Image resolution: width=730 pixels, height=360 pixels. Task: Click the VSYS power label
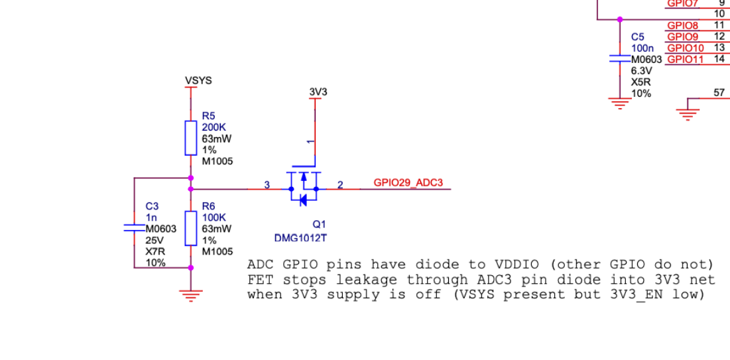tap(198, 81)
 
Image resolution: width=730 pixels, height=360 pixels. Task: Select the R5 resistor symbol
tap(191, 137)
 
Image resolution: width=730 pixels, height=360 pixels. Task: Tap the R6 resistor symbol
tap(191, 228)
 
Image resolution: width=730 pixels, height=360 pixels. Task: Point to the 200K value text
tap(213, 127)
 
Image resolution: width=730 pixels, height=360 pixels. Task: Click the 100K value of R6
tap(213, 217)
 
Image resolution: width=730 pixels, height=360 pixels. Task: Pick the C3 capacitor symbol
tap(135, 228)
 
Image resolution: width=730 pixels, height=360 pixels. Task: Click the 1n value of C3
tap(151, 217)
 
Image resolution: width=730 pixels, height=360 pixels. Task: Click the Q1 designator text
tap(320, 225)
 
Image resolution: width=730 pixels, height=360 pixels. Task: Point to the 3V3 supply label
tap(318, 92)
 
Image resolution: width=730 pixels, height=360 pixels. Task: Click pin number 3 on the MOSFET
tap(267, 185)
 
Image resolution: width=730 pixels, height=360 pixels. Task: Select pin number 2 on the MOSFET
tap(340, 185)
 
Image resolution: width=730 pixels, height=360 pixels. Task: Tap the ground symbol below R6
tap(191, 296)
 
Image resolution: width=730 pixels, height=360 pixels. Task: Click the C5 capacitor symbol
tap(619, 59)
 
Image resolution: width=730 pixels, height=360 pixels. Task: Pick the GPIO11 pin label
tap(685, 60)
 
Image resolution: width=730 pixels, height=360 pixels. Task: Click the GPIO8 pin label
tap(682, 26)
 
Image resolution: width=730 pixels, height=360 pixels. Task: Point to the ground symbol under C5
tap(619, 103)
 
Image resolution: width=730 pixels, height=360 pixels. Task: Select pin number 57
tap(719, 93)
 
